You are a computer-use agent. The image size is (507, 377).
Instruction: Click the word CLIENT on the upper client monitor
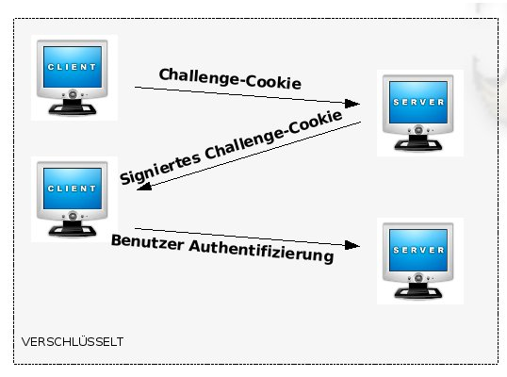point(72,67)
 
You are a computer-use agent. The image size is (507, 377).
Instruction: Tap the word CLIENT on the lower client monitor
point(72,188)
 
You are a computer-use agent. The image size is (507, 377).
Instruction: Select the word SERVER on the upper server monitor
point(418,102)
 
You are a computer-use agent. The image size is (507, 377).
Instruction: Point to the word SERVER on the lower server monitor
point(418,250)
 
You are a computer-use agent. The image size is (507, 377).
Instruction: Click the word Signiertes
point(160,169)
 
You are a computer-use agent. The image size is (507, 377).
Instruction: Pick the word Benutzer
point(147,242)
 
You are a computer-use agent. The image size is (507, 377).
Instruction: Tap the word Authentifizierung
point(261,252)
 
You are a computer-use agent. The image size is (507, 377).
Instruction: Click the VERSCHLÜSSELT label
point(73,342)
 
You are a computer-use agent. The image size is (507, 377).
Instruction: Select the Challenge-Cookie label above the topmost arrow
point(230,78)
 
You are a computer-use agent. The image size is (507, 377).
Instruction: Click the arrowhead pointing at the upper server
point(352,104)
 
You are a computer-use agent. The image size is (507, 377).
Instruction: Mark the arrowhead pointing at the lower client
point(144,187)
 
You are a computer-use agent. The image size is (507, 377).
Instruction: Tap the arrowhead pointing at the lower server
point(352,245)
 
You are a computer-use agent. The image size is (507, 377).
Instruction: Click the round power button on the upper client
point(73,94)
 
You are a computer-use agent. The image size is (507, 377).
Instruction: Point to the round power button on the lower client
point(73,216)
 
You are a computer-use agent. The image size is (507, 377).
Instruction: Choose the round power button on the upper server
point(418,130)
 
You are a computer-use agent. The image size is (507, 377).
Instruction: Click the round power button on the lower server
point(418,278)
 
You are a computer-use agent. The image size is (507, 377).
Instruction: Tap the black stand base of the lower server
point(418,292)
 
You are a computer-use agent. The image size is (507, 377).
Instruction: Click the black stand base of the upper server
point(418,145)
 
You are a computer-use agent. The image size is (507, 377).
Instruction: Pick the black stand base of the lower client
point(73,230)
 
